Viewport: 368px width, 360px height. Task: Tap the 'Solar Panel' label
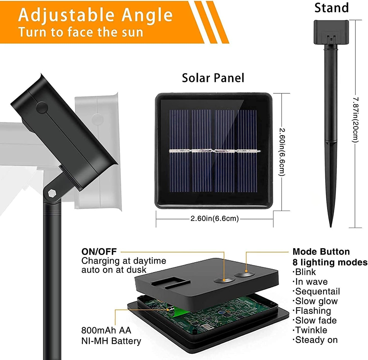point(213,78)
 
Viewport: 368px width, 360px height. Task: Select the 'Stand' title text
point(331,8)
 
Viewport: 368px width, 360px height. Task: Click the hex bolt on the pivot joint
point(52,194)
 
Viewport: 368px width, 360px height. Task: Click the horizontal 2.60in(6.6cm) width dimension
point(214,219)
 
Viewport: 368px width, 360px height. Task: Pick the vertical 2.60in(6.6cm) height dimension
point(282,152)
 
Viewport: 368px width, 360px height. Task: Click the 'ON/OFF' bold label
point(99,252)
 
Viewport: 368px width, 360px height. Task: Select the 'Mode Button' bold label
point(321,252)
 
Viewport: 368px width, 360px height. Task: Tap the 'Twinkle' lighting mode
point(311,330)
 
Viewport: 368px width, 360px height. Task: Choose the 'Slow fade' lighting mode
point(316,321)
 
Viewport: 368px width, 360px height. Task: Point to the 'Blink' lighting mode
point(305,272)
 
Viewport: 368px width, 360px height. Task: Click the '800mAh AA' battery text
point(106,330)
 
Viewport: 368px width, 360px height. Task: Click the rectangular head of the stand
point(331,32)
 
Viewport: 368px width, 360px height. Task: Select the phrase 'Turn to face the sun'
point(81,32)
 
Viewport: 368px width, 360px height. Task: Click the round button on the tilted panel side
point(42,107)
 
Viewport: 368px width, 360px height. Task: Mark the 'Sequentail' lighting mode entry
point(317,291)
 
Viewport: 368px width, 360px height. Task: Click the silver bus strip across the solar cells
point(214,151)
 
